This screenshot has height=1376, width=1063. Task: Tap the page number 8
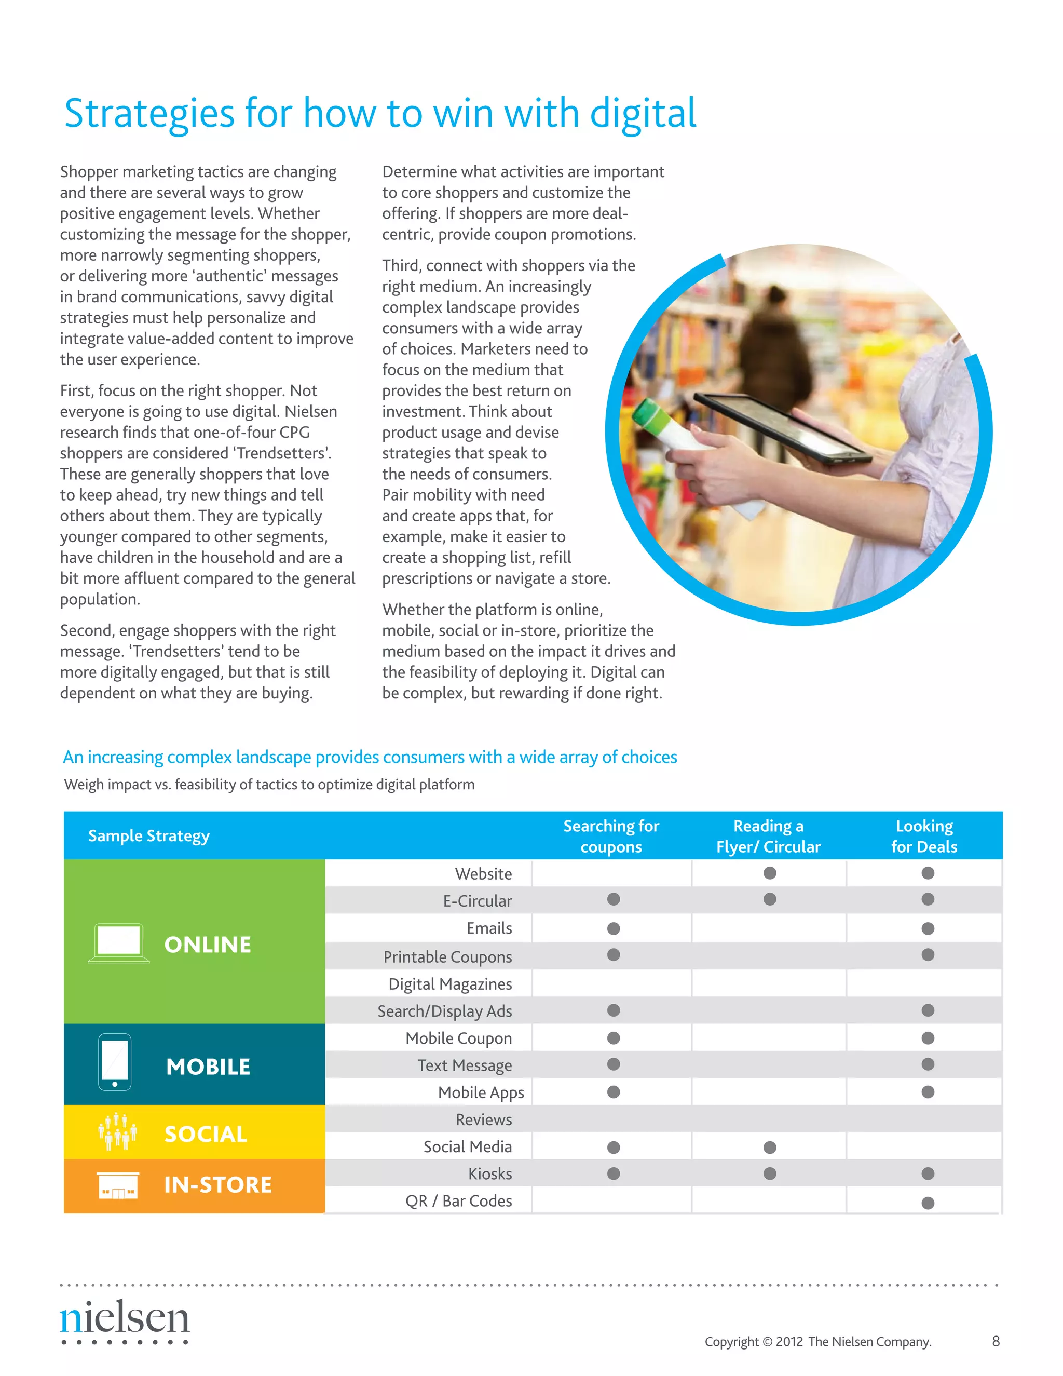pos(996,1341)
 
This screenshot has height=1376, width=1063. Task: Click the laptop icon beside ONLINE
pos(118,943)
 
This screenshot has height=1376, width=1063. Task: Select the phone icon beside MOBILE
pos(115,1062)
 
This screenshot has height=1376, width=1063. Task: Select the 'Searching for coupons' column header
pos(611,836)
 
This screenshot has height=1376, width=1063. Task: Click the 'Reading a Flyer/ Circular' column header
pos(768,836)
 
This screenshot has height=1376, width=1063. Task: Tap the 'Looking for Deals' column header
pos(924,836)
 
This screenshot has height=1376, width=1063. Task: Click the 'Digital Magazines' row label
pos(449,984)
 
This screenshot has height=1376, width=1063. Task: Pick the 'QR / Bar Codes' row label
pos(458,1201)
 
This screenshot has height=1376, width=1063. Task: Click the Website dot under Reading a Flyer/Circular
pos(770,873)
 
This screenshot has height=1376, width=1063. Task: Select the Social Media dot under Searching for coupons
pos(614,1148)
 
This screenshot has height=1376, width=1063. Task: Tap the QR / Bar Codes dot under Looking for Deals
pos(928,1203)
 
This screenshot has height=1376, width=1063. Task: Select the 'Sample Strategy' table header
pos(148,836)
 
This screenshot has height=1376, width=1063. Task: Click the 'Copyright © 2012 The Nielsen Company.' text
pos(817,1341)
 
